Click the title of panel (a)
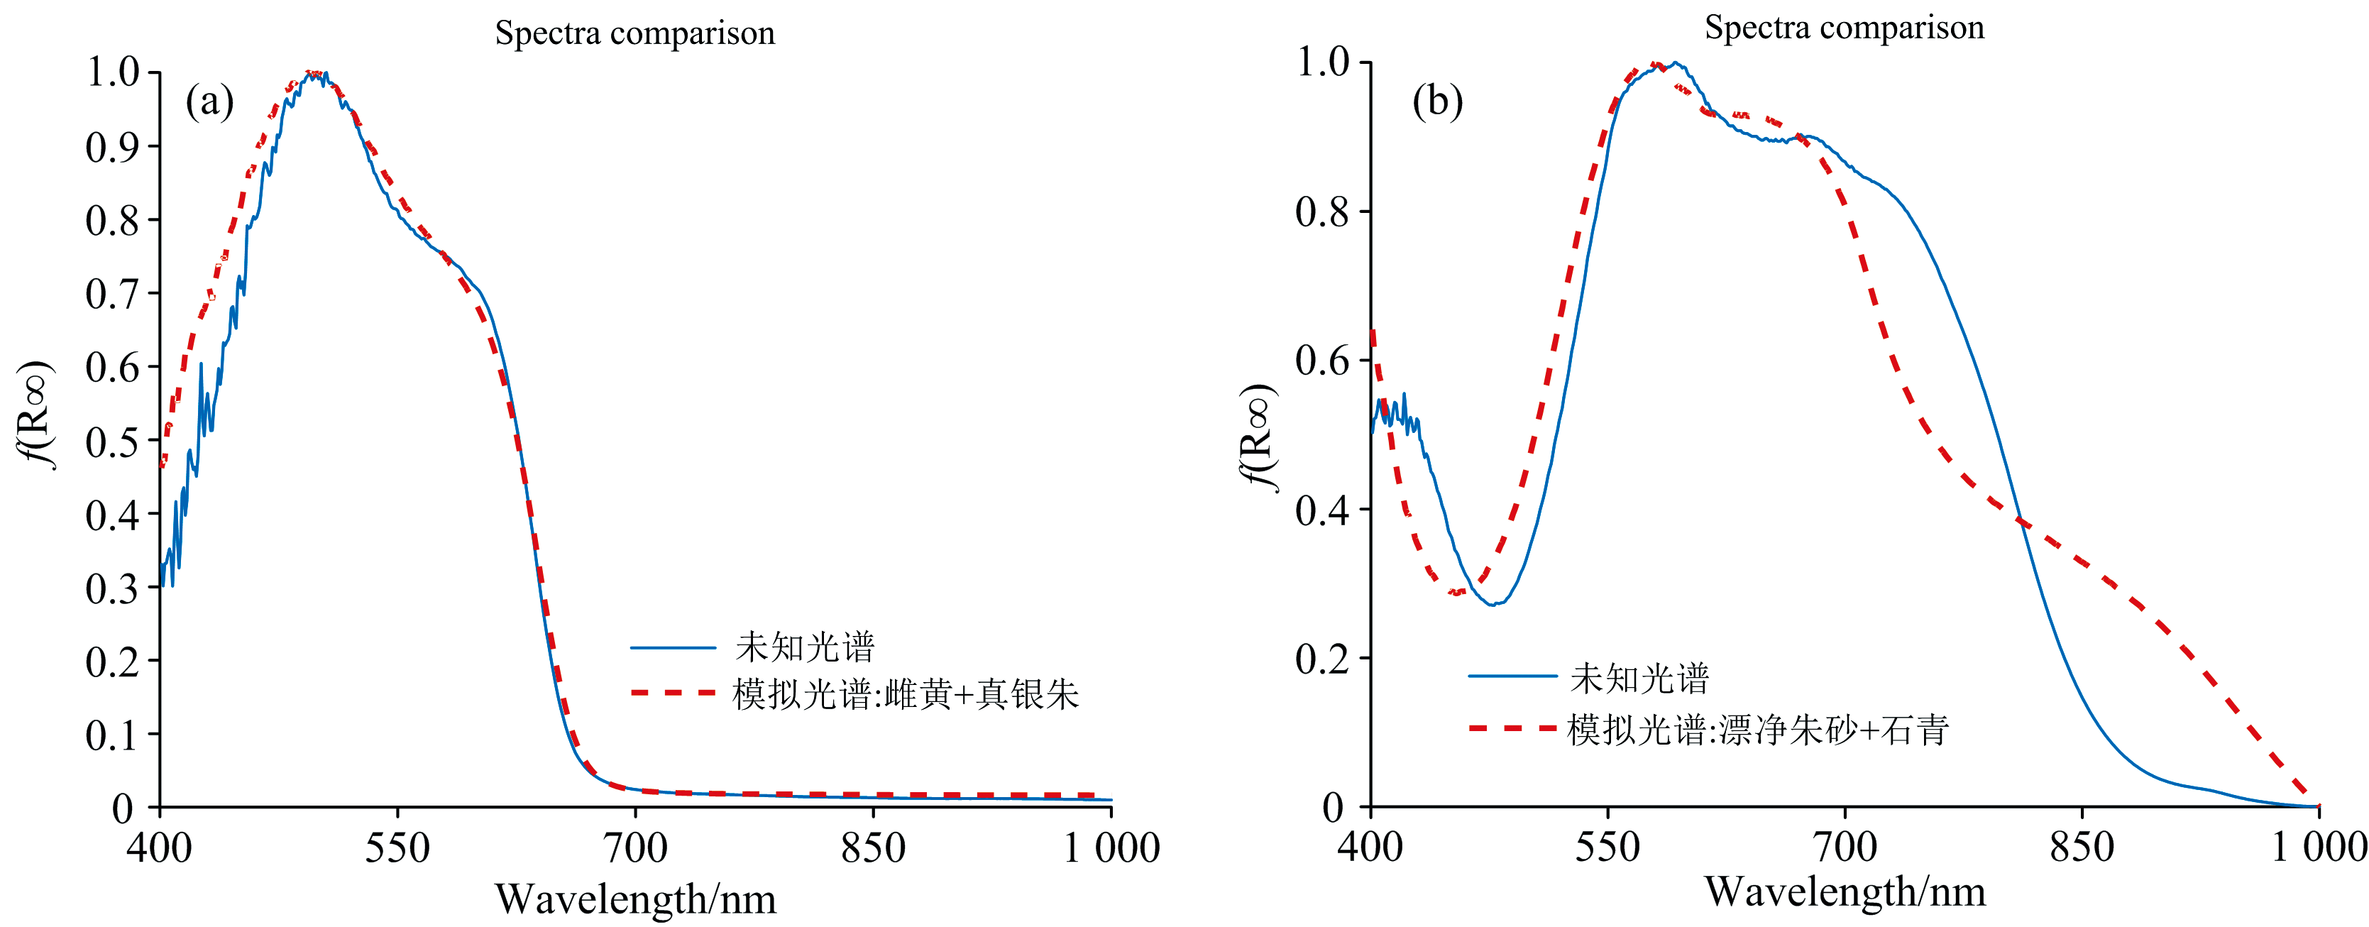(x=634, y=33)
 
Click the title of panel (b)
(x=1844, y=28)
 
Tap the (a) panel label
(x=209, y=102)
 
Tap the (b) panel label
(x=1437, y=102)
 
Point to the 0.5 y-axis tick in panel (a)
(x=111, y=441)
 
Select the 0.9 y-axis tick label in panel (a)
(x=111, y=147)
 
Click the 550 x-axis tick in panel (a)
(x=397, y=847)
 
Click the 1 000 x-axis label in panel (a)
(x=1111, y=847)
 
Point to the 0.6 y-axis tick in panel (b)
(x=1321, y=361)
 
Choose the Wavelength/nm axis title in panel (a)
(x=635, y=899)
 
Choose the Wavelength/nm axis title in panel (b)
(x=1845, y=892)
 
